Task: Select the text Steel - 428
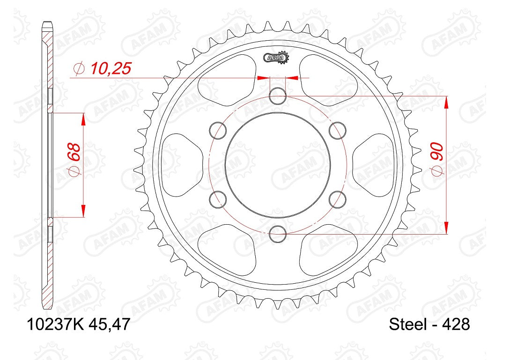coord(429,324)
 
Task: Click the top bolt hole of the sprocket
coord(278,96)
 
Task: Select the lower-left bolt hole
coord(219,199)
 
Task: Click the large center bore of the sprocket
coord(278,164)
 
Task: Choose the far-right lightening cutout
coord(375,164)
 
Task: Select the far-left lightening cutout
coord(181,164)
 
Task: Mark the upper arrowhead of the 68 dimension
coord(83,119)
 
